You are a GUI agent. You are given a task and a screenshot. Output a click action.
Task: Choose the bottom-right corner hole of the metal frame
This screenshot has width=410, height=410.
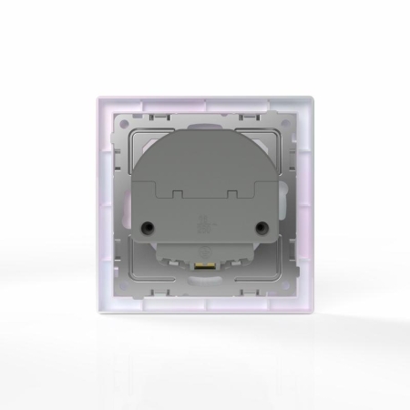click(291, 291)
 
